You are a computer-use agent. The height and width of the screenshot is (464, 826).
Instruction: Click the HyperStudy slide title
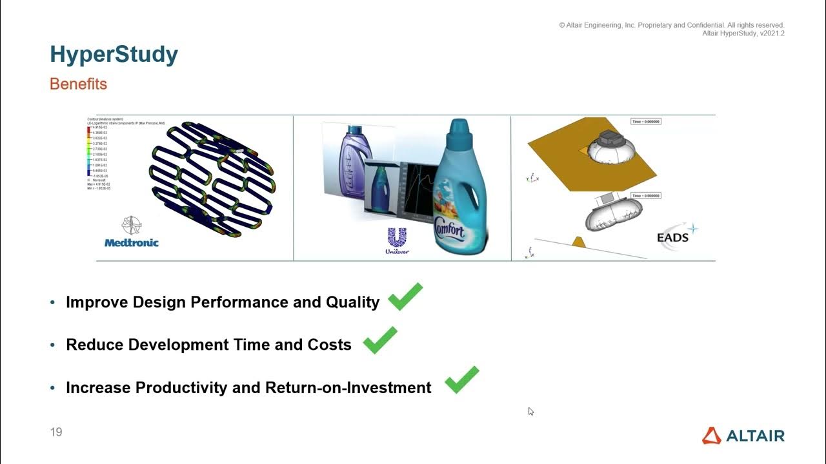click(114, 55)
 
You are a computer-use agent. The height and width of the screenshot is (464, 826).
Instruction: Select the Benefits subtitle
click(78, 84)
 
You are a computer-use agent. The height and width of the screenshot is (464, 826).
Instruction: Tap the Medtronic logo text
click(131, 243)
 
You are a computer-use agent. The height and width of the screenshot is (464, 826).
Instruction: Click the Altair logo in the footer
click(743, 436)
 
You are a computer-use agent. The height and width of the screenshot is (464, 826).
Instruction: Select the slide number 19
click(56, 432)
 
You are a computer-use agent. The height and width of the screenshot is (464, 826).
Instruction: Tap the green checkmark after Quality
click(405, 297)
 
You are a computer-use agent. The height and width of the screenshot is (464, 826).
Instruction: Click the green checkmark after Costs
click(380, 340)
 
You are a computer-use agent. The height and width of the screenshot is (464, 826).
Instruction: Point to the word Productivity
click(175, 387)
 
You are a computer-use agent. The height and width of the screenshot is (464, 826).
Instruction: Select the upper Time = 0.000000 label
click(646, 121)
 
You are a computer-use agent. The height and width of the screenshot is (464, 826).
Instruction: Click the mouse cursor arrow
click(530, 411)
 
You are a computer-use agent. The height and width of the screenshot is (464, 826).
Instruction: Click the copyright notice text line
click(672, 25)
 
